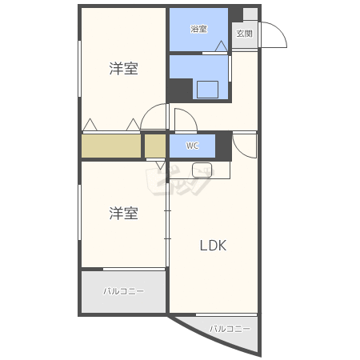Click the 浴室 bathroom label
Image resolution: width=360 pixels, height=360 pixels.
[199, 29]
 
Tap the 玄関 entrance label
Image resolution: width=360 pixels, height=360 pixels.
[244, 34]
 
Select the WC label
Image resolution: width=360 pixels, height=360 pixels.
[192, 146]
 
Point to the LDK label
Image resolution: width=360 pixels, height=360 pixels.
[213, 246]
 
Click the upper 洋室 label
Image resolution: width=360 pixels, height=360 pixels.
[124, 68]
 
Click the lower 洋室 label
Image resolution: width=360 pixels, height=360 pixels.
[124, 213]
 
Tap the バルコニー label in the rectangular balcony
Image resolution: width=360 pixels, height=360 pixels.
[124, 291]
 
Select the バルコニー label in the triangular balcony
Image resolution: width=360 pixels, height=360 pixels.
[230, 329]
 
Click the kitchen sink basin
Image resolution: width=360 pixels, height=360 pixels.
[202, 170]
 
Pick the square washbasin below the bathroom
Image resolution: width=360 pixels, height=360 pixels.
[207, 90]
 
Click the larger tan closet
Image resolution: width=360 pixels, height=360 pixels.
[111, 146]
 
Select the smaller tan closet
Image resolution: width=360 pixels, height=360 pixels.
[155, 146]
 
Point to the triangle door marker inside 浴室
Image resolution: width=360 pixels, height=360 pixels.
[221, 46]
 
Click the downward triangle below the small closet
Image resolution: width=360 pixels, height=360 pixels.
[160, 165]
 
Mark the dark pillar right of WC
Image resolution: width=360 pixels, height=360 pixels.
[223, 146]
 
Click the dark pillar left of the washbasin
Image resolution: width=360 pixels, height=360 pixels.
[180, 90]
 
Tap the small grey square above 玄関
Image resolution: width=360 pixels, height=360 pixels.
[250, 14]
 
